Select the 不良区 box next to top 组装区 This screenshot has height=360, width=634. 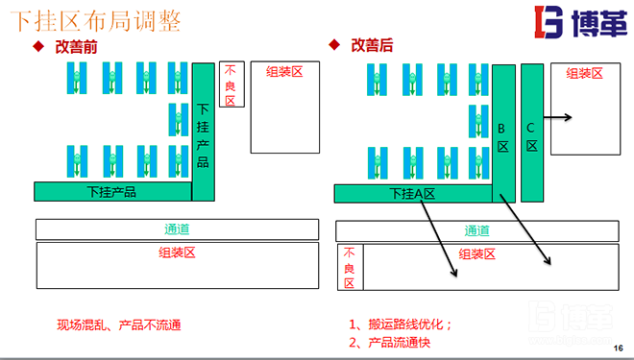231,85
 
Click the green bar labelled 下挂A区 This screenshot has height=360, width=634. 413,193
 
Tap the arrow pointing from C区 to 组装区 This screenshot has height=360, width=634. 558,118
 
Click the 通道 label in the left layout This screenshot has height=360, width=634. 177,229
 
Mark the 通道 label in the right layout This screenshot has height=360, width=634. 476,230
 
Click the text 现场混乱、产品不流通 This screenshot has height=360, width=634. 119,324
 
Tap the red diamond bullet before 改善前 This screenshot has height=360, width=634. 39,46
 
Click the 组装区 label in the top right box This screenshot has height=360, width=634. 584,73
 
